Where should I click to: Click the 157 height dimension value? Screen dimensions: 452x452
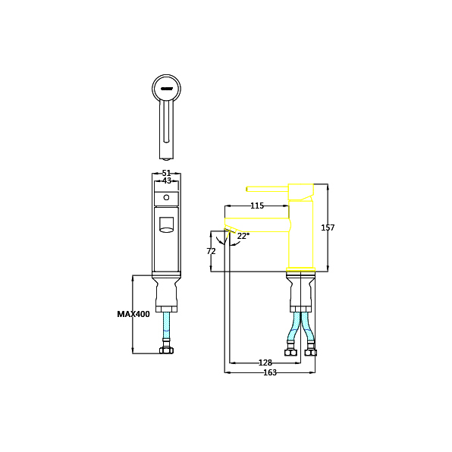click(328, 228)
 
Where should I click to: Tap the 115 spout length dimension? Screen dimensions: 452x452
click(257, 206)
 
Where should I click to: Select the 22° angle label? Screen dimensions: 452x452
click(243, 236)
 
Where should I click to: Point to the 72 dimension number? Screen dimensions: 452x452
click(211, 251)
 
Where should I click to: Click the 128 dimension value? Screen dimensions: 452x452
click(265, 363)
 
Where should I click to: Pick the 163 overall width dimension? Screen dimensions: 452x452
click(270, 372)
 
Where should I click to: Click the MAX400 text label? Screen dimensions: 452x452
click(133, 314)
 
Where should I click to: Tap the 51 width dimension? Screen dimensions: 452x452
click(166, 173)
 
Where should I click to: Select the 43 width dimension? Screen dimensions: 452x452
click(167, 180)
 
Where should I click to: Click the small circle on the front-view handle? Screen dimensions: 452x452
click(166, 197)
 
